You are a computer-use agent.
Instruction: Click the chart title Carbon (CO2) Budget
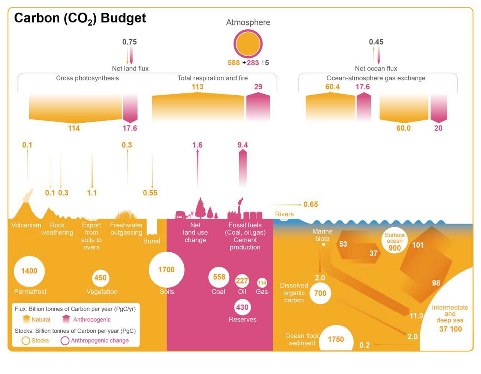tap(80, 18)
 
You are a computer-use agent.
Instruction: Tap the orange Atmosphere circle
tap(248, 44)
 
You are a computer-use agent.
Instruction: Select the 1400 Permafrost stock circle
tap(29, 271)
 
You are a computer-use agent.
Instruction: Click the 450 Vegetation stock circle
tap(100, 278)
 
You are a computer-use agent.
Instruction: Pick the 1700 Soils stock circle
tap(166, 270)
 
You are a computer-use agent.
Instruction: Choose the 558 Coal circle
tap(219, 277)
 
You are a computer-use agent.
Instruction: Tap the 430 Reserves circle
tap(242, 307)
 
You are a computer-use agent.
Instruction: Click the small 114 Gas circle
tap(262, 283)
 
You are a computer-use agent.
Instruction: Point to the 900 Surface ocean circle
tap(394, 242)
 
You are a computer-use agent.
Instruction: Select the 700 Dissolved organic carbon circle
tap(320, 293)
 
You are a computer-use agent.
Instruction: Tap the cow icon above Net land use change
tap(181, 215)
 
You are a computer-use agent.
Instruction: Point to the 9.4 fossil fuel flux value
tap(243, 145)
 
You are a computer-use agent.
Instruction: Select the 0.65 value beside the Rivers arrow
tap(311, 204)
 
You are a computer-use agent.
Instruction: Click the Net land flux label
tap(130, 68)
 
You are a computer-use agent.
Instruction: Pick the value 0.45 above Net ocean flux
tap(376, 42)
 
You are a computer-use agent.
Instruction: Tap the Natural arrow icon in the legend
tap(26, 319)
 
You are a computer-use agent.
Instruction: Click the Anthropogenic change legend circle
tap(65, 340)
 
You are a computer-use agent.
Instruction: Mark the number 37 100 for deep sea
tap(450, 329)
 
